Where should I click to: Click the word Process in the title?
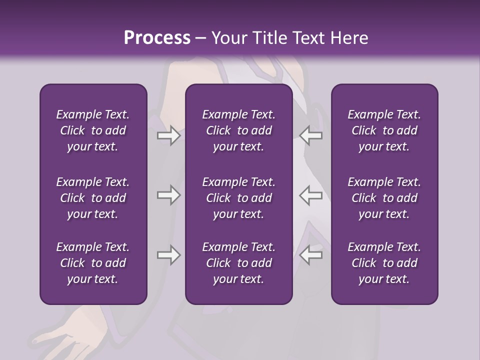pos(157,38)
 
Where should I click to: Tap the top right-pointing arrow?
pos(168,135)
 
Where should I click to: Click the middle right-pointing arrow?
pos(168,195)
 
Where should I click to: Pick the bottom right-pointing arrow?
pos(168,255)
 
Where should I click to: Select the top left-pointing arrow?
pos(311,135)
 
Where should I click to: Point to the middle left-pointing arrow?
pos(311,195)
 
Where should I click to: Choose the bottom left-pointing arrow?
pos(311,255)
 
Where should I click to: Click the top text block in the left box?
pos(93,130)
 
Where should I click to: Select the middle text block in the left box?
pos(93,198)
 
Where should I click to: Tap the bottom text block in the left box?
pos(93,263)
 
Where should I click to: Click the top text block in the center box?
pos(239,130)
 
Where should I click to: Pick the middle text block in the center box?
pos(239,198)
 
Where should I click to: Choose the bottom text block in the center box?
pos(239,263)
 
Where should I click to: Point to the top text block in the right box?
pos(384,130)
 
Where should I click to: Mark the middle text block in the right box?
pos(384,198)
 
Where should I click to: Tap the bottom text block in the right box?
pos(384,263)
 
